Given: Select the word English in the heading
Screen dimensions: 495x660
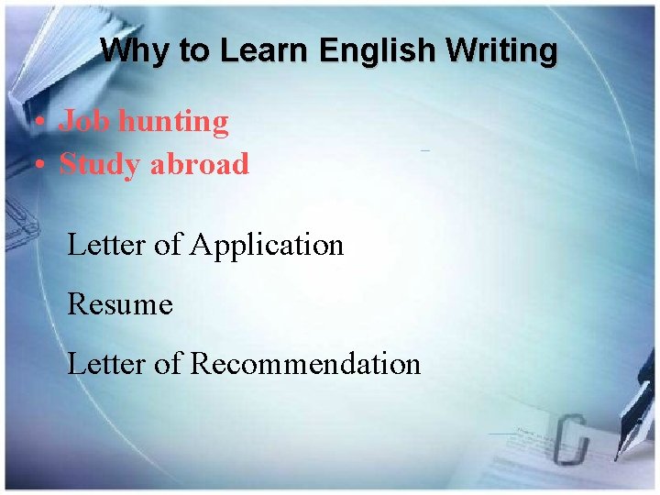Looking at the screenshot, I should pyautogui.click(x=373, y=51).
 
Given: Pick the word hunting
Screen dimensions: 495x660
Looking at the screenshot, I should pyautogui.click(x=176, y=121).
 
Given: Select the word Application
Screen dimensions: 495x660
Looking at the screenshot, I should pyautogui.click(x=267, y=246).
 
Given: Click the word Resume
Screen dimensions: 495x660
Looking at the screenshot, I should pyautogui.click(x=120, y=304).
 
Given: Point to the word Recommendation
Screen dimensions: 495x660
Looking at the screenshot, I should pyautogui.click(x=305, y=364).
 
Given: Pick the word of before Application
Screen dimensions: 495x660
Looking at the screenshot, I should pyautogui.click(x=168, y=246).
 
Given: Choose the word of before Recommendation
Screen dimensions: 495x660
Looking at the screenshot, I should pyautogui.click(x=168, y=364).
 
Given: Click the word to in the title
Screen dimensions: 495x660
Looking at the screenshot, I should pyautogui.click(x=194, y=51).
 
